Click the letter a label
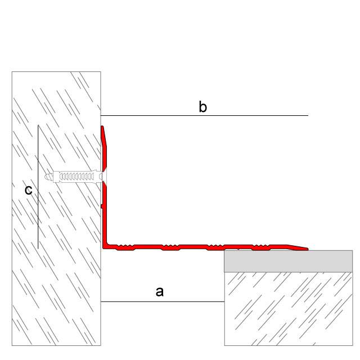(x=160, y=292)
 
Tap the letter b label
(x=202, y=107)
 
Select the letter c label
(x=29, y=190)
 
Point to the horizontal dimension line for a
(x=163, y=301)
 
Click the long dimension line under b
(x=204, y=115)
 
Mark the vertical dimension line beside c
(x=38, y=187)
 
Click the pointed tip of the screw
(x=45, y=177)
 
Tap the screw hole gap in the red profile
(x=104, y=177)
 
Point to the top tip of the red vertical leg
(x=102, y=126)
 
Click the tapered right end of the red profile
(x=307, y=249)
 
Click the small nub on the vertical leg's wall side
(x=102, y=206)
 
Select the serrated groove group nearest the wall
(x=125, y=247)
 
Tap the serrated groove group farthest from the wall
(x=261, y=247)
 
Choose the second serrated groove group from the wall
(x=170, y=247)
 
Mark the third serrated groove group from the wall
(x=216, y=247)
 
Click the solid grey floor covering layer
(x=289, y=261)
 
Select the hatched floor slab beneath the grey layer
(x=289, y=309)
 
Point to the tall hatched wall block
(x=56, y=209)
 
